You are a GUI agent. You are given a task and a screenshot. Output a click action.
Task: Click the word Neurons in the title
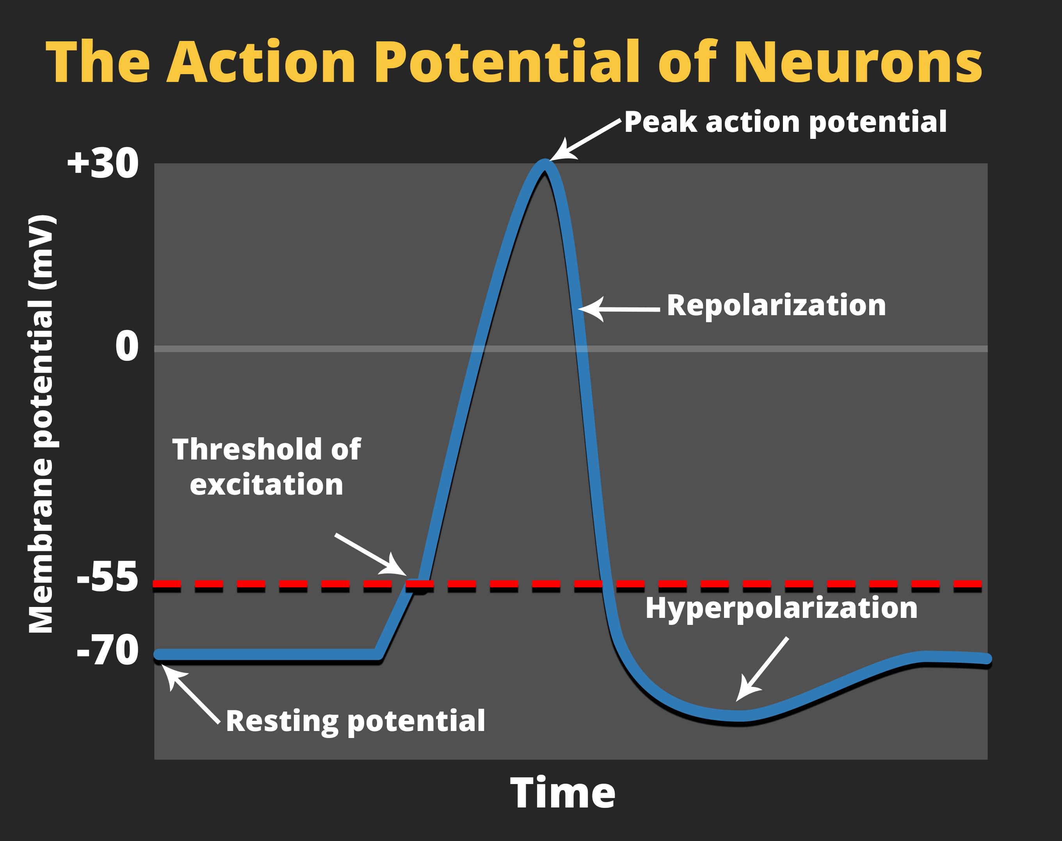click(857, 62)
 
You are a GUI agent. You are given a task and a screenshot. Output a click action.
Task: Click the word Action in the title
click(261, 62)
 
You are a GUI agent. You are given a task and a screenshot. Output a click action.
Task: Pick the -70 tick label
click(107, 650)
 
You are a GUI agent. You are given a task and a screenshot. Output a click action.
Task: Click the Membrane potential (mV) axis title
click(41, 424)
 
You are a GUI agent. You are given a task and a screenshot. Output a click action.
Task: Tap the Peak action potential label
click(785, 122)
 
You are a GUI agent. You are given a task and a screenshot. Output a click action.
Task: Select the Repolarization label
click(776, 305)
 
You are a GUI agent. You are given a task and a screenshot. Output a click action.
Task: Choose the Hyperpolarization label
click(781, 608)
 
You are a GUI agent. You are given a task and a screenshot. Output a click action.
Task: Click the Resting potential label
click(355, 721)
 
